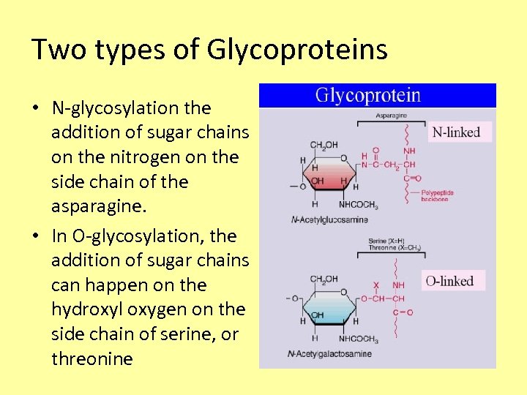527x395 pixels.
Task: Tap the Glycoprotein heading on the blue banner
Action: [x=368, y=96]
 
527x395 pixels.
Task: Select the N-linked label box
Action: [x=457, y=132]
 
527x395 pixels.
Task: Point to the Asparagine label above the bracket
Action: [x=392, y=116]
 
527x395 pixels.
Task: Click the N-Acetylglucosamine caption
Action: [x=329, y=219]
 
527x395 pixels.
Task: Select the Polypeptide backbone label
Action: [x=437, y=195]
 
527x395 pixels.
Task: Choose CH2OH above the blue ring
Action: [x=324, y=279]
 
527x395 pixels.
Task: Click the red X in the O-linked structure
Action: [x=376, y=285]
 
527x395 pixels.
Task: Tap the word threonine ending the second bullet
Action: [x=92, y=358]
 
